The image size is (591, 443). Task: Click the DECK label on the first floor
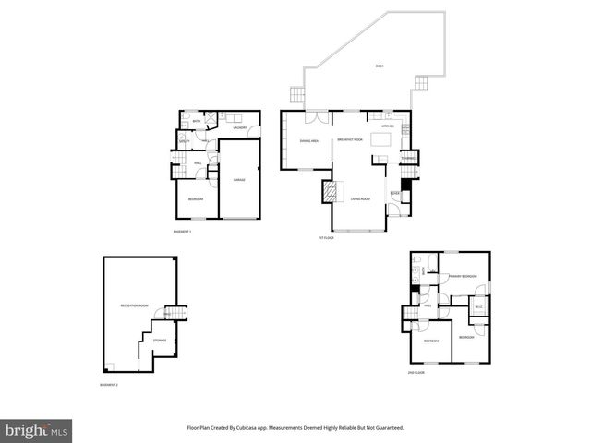click(x=379, y=66)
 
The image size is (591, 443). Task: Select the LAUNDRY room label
click(x=239, y=128)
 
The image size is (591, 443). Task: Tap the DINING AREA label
click(x=309, y=140)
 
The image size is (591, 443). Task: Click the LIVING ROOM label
click(x=359, y=198)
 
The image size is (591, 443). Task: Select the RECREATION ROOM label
click(x=134, y=305)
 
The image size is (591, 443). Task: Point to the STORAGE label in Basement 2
click(x=160, y=340)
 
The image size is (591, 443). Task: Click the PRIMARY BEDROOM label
click(x=463, y=276)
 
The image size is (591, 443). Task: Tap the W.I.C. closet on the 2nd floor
click(x=478, y=306)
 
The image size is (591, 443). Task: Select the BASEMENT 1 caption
click(x=182, y=231)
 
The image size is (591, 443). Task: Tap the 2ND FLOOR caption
click(x=416, y=372)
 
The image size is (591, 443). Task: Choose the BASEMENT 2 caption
click(x=109, y=384)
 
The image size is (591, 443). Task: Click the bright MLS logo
click(x=37, y=430)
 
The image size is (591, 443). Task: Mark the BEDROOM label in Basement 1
click(x=196, y=199)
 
